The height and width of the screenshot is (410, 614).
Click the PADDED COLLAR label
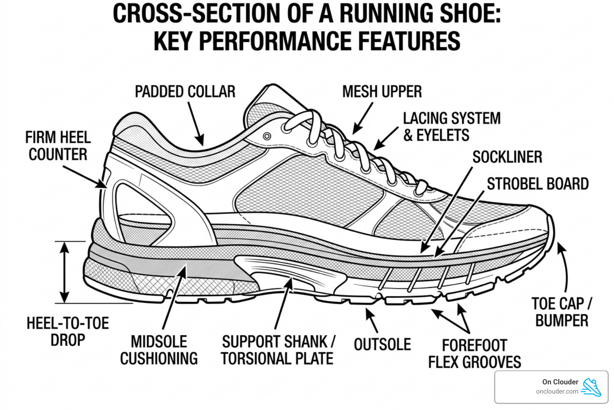185,92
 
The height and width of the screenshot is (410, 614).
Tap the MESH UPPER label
382,92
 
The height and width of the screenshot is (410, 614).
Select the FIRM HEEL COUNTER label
58,146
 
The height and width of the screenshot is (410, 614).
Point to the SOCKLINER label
507,157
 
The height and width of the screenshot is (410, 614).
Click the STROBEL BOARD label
537,184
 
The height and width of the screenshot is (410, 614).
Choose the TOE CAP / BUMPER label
562,312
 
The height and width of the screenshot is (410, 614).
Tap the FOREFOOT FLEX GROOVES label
474,354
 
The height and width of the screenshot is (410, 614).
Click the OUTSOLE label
382,344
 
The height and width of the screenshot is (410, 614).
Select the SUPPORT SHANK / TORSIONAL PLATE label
278,350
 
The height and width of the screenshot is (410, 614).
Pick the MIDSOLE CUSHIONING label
159,350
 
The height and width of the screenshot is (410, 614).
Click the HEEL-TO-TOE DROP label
68,332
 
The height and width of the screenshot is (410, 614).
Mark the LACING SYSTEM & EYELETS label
452,127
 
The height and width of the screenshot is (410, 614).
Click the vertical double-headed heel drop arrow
64,272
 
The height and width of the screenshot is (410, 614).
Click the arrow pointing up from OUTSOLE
372,320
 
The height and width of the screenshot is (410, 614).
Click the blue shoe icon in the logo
592,387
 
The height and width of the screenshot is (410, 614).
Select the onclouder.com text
557,392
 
